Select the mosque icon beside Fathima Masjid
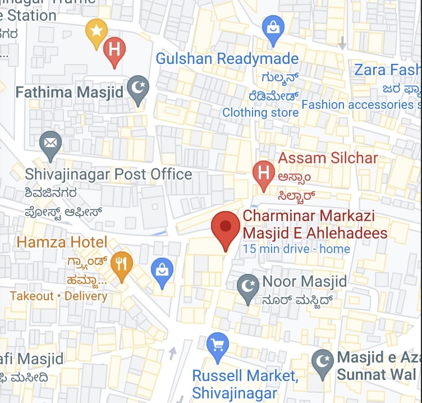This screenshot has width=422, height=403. click(x=138, y=89)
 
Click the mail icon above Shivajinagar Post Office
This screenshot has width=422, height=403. click(x=51, y=144)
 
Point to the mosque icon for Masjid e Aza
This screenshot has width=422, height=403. click(x=322, y=362)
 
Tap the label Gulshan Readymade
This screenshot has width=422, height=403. click(x=227, y=58)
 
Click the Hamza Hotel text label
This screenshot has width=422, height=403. click(x=62, y=242)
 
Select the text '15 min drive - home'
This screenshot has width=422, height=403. click(x=296, y=249)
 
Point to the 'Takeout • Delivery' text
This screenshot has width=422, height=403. click(x=58, y=296)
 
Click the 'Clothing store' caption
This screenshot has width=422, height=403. click(x=260, y=112)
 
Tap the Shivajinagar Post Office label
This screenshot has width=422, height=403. click(x=108, y=175)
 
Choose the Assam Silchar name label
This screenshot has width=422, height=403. click(x=328, y=158)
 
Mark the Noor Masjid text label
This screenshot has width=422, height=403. click(x=305, y=281)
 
